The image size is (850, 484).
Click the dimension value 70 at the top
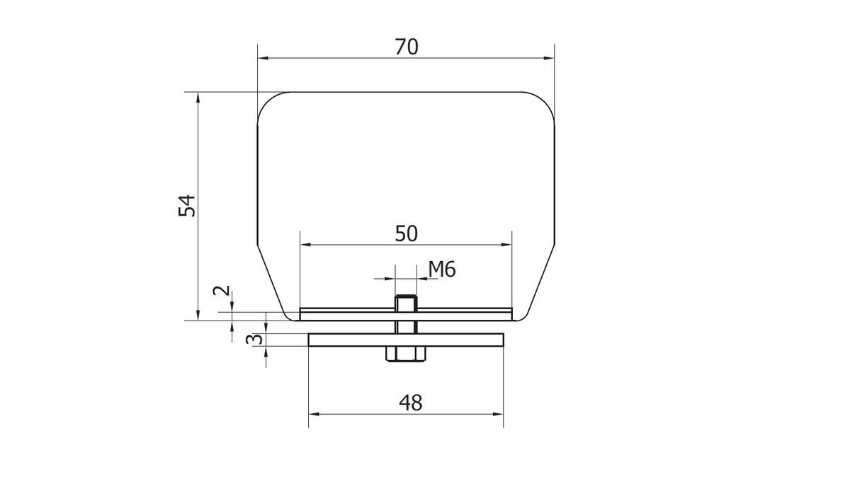407,47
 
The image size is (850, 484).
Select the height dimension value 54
187,205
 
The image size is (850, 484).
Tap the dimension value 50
407,234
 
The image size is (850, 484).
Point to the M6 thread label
442,270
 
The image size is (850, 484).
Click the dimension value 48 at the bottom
411,403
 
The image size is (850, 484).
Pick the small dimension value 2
222,291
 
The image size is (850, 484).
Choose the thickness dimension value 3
254,339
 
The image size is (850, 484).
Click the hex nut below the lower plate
406,354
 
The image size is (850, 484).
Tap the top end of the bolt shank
406,296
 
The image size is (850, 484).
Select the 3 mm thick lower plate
406,340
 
